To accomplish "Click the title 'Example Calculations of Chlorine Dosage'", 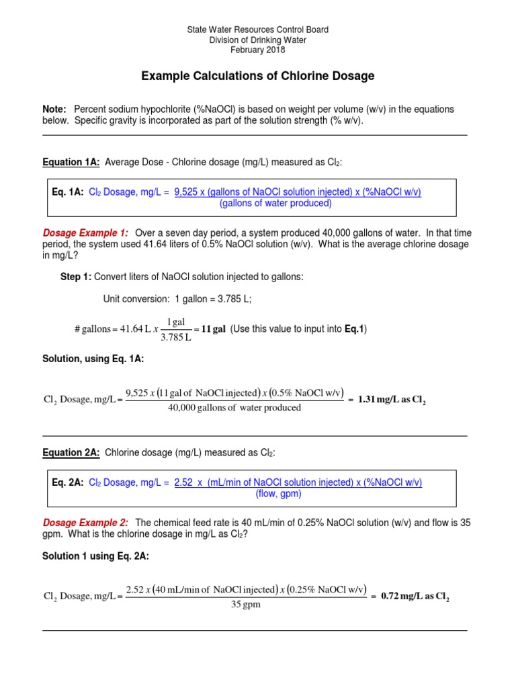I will pyautogui.click(x=257, y=77).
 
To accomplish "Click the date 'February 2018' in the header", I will pyautogui.click(x=257, y=50).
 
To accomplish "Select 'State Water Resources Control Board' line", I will pyautogui.click(x=257, y=30).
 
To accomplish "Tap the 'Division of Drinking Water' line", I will pyautogui.click(x=257, y=40).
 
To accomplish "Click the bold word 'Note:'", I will pyautogui.click(x=54, y=110).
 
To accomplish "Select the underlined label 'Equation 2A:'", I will pyautogui.click(x=71, y=454).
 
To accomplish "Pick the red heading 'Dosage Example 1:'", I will pyautogui.click(x=85, y=232).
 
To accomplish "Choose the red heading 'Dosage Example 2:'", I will pyautogui.click(x=85, y=523).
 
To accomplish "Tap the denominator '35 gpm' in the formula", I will pyautogui.click(x=245, y=605).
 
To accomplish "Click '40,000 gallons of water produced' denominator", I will pyautogui.click(x=234, y=408).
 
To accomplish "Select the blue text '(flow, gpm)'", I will pyautogui.click(x=278, y=494).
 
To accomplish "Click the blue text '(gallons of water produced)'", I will pyautogui.click(x=275, y=204).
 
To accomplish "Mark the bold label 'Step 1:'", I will pyautogui.click(x=76, y=277).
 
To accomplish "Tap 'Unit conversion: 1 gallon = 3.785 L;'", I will pyautogui.click(x=177, y=299).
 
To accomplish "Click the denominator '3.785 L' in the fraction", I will pyautogui.click(x=177, y=337).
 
